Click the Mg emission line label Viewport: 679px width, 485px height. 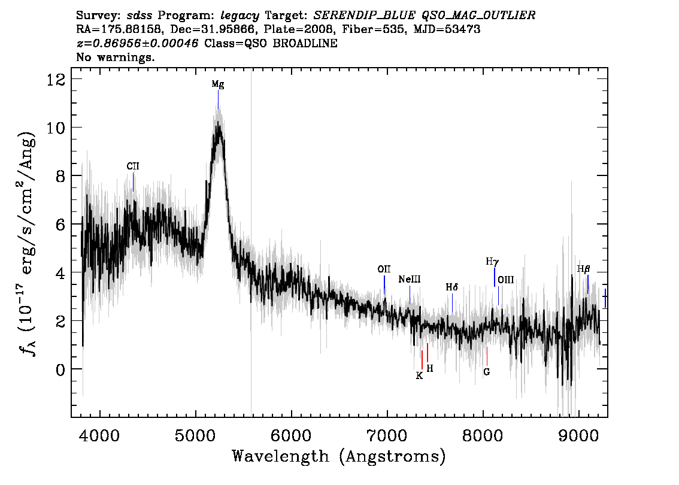pyautogui.click(x=218, y=84)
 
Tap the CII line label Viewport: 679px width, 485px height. pyautogui.click(x=133, y=166)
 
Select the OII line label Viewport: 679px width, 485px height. pyautogui.click(x=384, y=269)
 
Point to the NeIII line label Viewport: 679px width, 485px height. pyautogui.click(x=410, y=279)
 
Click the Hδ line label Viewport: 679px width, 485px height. pyautogui.click(x=452, y=287)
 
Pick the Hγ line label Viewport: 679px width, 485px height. pyautogui.click(x=492, y=262)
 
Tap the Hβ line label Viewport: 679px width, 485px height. pyautogui.click(x=584, y=269)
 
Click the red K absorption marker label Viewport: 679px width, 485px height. pyautogui.click(x=419, y=375)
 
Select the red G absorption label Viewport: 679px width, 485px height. pyautogui.click(x=487, y=372)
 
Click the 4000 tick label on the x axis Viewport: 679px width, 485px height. pyautogui.click(x=100, y=435)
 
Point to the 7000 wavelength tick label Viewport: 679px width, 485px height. pyautogui.click(x=387, y=435)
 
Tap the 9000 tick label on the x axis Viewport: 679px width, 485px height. pyautogui.click(x=578, y=435)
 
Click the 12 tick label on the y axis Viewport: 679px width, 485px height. pyautogui.click(x=56, y=79)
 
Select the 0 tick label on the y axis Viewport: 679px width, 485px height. pyautogui.click(x=60, y=369)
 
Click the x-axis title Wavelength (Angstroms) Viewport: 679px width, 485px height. pyautogui.click(x=339, y=456)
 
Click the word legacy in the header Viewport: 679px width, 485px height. pyautogui.click(x=240, y=16)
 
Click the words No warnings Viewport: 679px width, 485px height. pyautogui.click(x=116, y=57)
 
